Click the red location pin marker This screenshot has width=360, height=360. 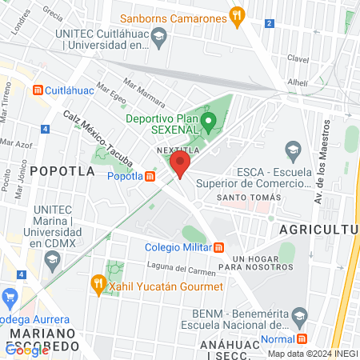coord(179,166)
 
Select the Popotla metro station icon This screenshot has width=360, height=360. coord(150,178)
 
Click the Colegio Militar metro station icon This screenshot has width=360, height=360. coord(219,247)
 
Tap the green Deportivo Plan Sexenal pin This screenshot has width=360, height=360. coord(209,123)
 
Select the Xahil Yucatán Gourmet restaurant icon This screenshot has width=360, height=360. coord(99,282)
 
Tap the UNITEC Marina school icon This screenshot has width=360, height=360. coord(52,258)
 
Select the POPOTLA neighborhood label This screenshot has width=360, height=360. coord(55,170)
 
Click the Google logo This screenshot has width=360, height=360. coord(27,350)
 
